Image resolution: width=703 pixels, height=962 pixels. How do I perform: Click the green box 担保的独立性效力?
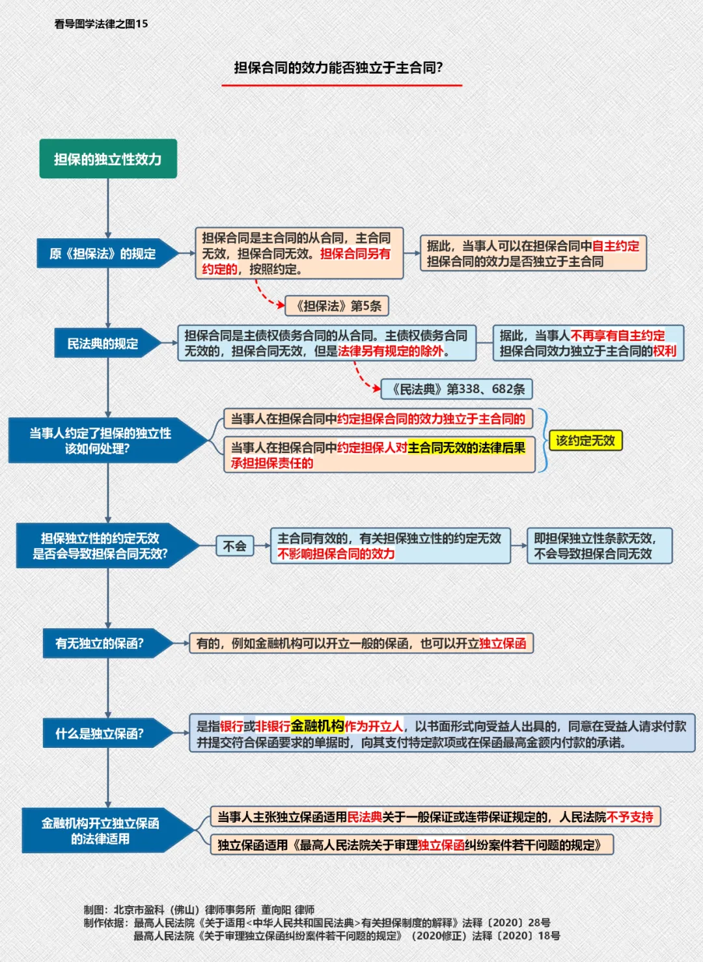coord(108,158)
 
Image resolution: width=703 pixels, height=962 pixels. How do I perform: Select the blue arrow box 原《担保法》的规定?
coord(107,253)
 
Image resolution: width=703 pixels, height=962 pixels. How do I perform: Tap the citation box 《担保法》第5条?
coord(337,306)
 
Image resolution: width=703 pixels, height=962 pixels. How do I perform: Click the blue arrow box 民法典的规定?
coord(107,343)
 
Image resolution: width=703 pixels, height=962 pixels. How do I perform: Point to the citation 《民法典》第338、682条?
coord(457,389)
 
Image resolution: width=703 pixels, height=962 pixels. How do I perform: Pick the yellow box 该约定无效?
coord(585,441)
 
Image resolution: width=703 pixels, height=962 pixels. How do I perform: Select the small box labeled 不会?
coord(234,546)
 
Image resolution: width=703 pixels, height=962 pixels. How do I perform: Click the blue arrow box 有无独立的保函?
coord(107,643)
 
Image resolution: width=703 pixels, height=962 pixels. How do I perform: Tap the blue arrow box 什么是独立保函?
coord(107,733)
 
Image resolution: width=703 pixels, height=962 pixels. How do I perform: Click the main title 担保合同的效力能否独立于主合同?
coord(338,68)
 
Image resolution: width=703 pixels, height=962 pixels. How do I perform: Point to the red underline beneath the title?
coord(342,85)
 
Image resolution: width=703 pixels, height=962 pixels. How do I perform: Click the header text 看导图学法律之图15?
coord(101,24)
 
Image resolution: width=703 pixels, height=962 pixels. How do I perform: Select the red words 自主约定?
coord(615,246)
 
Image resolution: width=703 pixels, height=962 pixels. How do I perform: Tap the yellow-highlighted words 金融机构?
coord(318,726)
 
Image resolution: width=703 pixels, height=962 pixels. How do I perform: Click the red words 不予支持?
coord(629,816)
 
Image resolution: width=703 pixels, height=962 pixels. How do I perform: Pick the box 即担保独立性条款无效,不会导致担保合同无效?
coord(600,545)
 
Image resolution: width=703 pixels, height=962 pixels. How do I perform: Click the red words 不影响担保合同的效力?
coord(336,554)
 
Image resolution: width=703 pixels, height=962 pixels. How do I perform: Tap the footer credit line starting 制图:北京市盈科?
coord(199,910)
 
